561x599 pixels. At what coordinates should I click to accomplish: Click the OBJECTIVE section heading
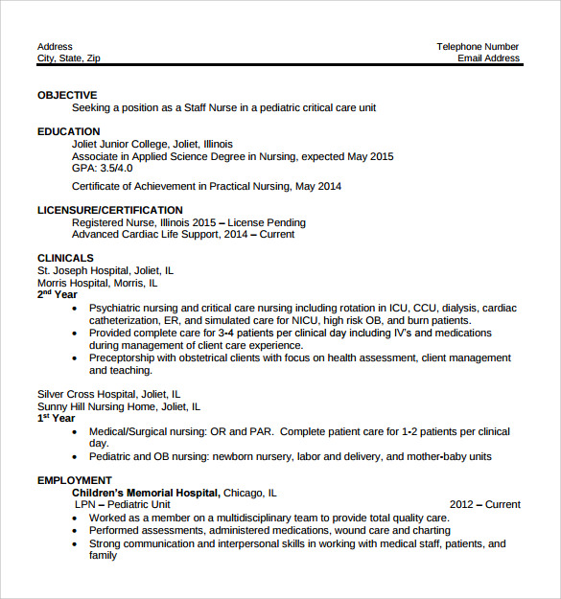click(x=67, y=95)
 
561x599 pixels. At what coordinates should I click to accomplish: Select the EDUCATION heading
click(x=68, y=131)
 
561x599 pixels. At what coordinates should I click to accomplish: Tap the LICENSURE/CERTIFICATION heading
click(x=109, y=210)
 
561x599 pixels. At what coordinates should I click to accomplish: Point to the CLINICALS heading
click(x=65, y=258)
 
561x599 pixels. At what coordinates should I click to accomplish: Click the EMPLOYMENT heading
click(x=75, y=480)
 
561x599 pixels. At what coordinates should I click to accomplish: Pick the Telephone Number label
click(x=478, y=46)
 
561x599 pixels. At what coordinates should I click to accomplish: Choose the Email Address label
click(x=488, y=58)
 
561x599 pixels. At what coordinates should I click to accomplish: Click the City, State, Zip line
click(x=68, y=58)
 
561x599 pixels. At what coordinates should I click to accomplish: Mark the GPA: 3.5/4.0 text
click(x=102, y=168)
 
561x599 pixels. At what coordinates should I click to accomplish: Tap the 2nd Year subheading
click(x=57, y=294)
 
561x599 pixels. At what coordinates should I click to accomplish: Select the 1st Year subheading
click(x=56, y=418)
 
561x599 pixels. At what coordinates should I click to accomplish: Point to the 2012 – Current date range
click(x=485, y=504)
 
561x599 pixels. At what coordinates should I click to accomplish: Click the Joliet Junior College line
click(x=152, y=144)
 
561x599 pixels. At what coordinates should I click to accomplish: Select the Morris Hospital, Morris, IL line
click(x=98, y=283)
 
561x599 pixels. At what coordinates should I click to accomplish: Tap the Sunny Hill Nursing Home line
click(x=113, y=406)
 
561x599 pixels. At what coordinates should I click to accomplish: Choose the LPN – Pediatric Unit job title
click(x=123, y=504)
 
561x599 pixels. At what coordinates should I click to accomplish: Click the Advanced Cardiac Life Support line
click(x=183, y=234)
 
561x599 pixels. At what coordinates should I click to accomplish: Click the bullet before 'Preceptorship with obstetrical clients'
click(x=76, y=358)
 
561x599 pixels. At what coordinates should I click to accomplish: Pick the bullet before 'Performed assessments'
click(x=76, y=530)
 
